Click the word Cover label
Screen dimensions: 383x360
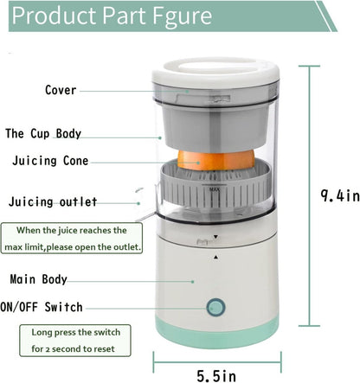[61, 90]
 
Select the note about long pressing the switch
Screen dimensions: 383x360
[77, 339]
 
